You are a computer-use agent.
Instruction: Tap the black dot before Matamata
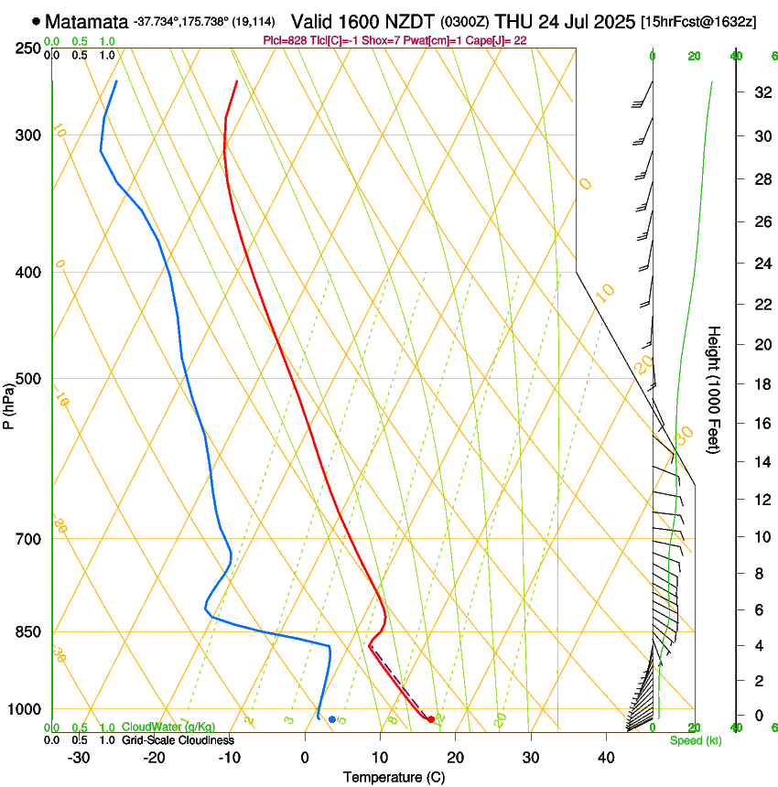pyautogui.click(x=36, y=20)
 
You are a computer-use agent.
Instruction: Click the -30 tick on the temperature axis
pyautogui.click(x=79, y=758)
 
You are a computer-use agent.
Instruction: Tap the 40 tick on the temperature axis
pyautogui.click(x=605, y=758)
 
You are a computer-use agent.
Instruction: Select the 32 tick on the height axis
pyautogui.click(x=760, y=92)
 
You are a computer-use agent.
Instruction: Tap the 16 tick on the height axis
pyautogui.click(x=760, y=424)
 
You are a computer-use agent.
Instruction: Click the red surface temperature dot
pyautogui.click(x=431, y=719)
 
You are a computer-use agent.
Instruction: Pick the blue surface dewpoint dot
pyautogui.click(x=332, y=719)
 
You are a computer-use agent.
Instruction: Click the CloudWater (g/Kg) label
pyautogui.click(x=168, y=728)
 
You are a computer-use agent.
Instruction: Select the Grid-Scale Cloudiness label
pyautogui.click(x=178, y=739)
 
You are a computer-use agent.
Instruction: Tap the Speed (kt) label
pyautogui.click(x=696, y=740)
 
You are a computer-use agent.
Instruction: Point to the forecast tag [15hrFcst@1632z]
pyautogui.click(x=698, y=21)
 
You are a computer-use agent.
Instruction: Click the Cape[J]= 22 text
pyautogui.click(x=498, y=40)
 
